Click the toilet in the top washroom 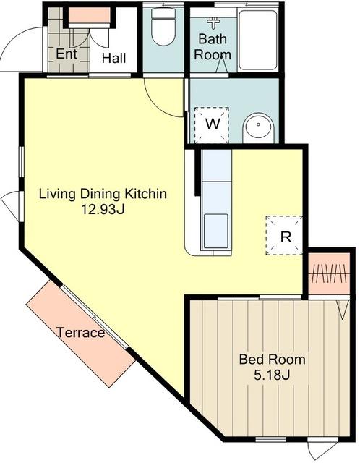pyautogui.click(x=163, y=27)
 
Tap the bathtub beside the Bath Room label pyautogui.click(x=257, y=41)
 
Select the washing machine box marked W pyautogui.click(x=212, y=125)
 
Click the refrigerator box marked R pyautogui.click(x=284, y=235)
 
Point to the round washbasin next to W pyautogui.click(x=258, y=127)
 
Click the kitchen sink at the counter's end pyautogui.click(x=216, y=231)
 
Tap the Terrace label pyautogui.click(x=80, y=333)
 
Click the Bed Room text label pyautogui.click(x=272, y=360)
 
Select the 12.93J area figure pyautogui.click(x=103, y=210)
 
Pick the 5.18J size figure pyautogui.click(x=272, y=375)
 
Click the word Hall pyautogui.click(x=113, y=58)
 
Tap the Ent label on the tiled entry pyautogui.click(x=67, y=54)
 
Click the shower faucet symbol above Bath pyautogui.click(x=212, y=23)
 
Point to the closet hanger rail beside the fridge pyautogui.click(x=330, y=273)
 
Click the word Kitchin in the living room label pyautogui.click(x=145, y=194)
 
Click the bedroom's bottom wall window pyautogui.click(x=270, y=439)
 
